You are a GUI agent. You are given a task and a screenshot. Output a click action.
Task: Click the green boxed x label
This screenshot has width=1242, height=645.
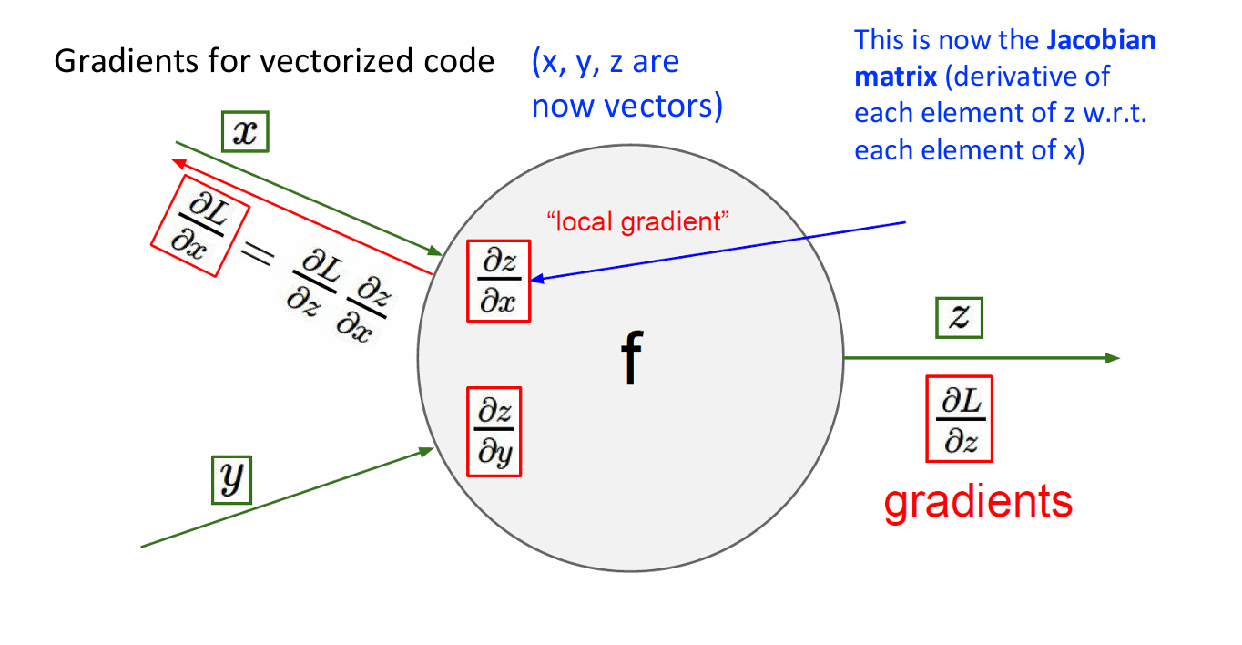[245, 134]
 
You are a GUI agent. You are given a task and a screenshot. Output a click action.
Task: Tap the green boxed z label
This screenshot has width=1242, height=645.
[960, 318]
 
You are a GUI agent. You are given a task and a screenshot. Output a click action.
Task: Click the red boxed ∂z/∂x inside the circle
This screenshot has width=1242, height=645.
[498, 281]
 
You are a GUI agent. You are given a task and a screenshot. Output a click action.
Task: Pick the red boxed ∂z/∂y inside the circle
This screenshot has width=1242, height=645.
[494, 432]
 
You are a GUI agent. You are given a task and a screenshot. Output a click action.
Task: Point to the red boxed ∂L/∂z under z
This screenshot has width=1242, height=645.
[959, 418]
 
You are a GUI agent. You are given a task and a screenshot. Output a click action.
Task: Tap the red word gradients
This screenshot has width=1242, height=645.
[978, 502]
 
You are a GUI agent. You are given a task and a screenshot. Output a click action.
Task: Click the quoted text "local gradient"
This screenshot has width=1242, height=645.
[638, 220]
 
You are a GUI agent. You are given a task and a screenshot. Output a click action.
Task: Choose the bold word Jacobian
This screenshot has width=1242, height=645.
[1101, 41]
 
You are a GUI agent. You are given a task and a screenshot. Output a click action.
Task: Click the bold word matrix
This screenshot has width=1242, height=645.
[894, 77]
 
